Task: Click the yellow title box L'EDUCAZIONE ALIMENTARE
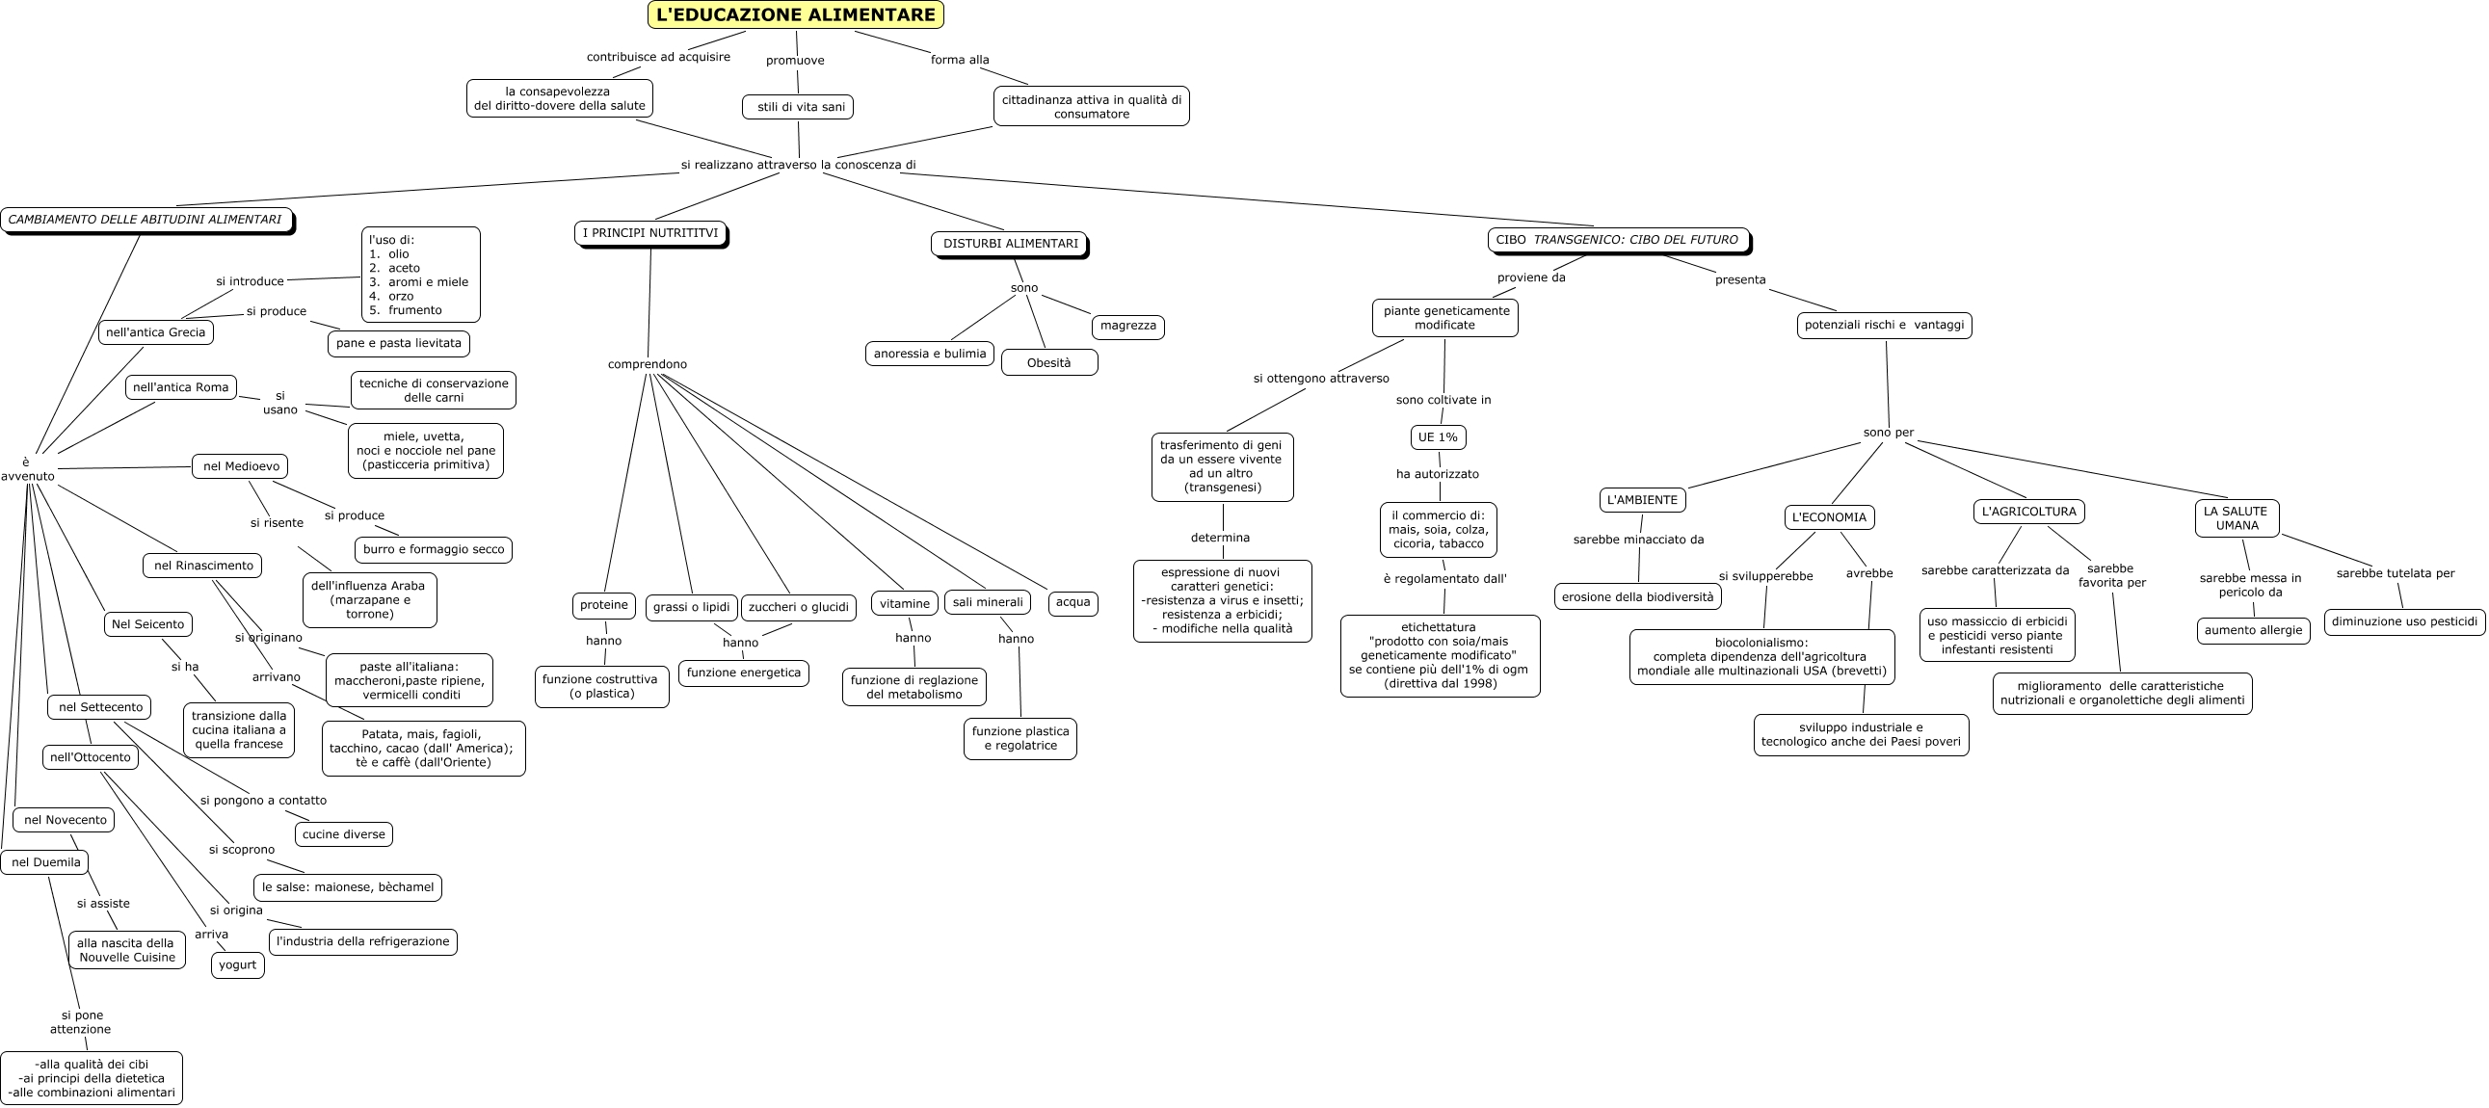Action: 795,14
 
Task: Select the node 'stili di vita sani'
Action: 798,107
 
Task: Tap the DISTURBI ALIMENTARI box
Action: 1010,244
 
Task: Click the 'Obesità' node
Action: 1049,363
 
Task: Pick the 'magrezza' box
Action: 1127,327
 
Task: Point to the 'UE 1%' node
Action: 1438,437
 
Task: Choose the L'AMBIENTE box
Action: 1643,500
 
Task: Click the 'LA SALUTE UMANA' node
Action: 2236,518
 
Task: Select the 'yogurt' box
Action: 238,965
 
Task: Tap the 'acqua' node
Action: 1072,603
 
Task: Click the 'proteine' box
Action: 604,606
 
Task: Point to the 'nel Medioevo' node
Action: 241,466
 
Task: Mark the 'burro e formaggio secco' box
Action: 434,549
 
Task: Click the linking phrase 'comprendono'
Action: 648,364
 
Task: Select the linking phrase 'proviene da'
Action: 1531,278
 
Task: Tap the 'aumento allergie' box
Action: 2253,631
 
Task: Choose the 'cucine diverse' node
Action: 343,834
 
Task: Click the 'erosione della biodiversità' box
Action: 1638,597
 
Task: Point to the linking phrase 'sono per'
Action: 1888,433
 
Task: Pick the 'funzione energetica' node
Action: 744,673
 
